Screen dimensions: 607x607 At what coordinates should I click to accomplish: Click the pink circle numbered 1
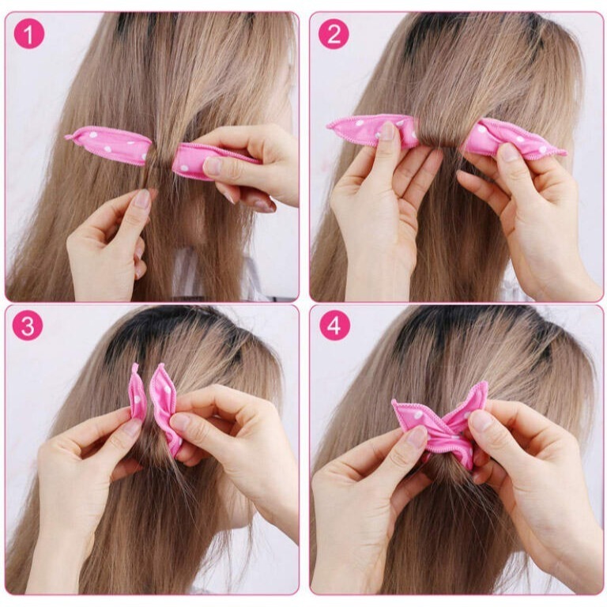29,34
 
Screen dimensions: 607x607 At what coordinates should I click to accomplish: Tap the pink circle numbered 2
334,34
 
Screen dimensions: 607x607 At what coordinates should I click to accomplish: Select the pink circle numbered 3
28,326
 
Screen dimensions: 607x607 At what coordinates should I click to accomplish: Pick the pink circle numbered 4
334,326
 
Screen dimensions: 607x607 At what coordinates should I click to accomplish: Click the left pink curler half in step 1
109,145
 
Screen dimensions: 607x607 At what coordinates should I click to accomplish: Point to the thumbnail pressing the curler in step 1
212,166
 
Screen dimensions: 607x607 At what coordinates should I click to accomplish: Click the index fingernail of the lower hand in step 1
142,199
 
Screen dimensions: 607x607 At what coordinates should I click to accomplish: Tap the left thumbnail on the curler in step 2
386,130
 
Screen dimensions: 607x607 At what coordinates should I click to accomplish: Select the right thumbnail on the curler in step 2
510,152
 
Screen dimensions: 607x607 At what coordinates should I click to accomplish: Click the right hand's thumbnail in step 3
179,422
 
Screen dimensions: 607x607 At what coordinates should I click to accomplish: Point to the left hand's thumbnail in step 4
417,436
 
